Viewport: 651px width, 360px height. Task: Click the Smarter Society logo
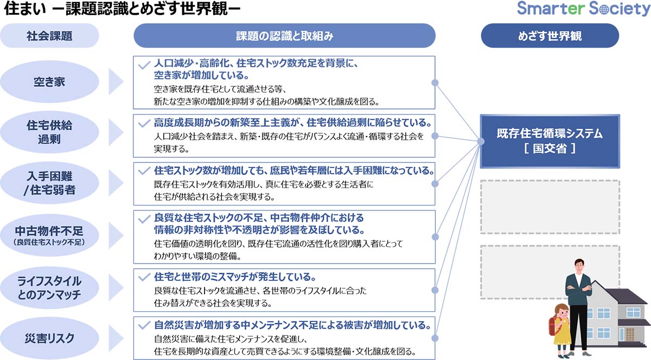[583, 9]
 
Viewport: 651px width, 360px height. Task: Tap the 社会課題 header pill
[49, 36]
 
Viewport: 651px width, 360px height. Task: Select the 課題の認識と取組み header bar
[284, 36]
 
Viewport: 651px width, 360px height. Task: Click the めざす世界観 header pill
[550, 36]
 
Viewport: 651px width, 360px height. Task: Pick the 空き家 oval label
[49, 82]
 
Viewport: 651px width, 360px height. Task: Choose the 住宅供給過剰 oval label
[49, 132]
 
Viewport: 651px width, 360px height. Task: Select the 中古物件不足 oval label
[49, 234]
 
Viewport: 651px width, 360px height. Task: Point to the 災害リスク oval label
[49, 338]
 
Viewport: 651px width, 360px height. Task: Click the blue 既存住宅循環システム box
[550, 141]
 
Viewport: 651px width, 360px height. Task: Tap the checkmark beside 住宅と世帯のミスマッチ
[144, 277]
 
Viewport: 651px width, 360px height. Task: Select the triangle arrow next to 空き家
[117, 82]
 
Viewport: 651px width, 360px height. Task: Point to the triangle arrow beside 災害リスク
[117, 338]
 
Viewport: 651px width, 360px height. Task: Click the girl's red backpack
[555, 325]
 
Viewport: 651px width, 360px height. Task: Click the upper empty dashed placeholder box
[550, 207]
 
